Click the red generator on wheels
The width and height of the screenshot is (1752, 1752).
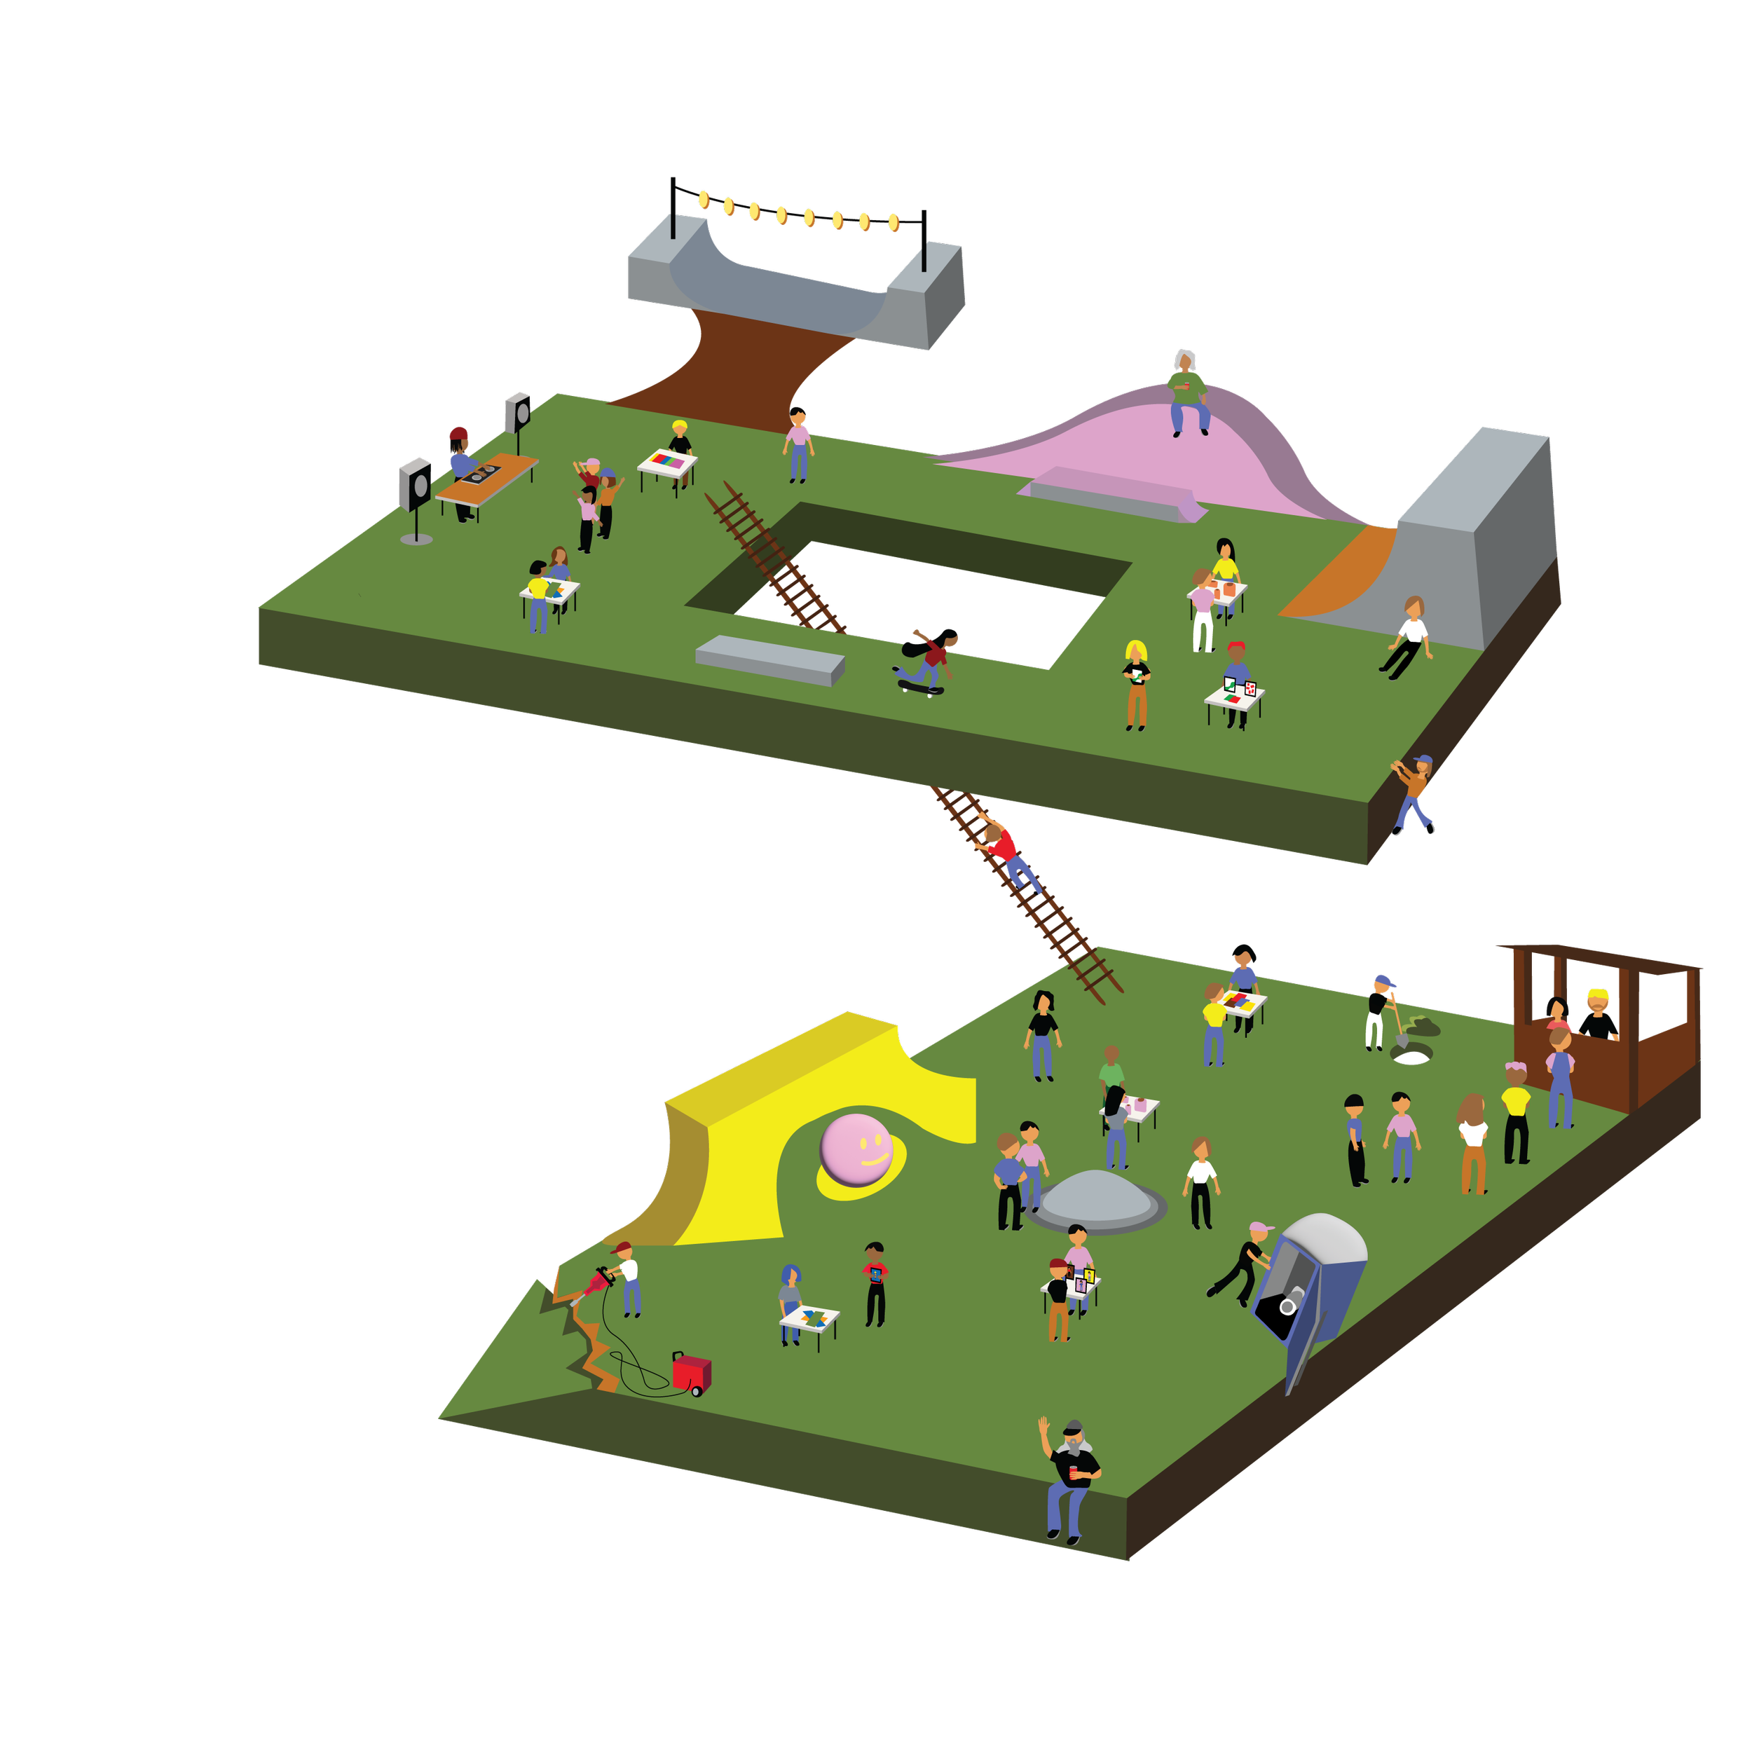[692, 1373]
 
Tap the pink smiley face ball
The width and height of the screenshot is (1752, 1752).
[855, 1150]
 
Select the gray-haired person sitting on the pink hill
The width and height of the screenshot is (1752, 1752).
[1187, 392]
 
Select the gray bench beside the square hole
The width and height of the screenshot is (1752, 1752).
[769, 659]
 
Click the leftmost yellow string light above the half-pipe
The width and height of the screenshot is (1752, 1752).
[704, 198]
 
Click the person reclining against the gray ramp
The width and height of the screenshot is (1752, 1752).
[1407, 636]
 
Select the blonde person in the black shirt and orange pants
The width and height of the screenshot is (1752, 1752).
[1136, 684]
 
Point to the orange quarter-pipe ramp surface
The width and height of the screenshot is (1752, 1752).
[1341, 574]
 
